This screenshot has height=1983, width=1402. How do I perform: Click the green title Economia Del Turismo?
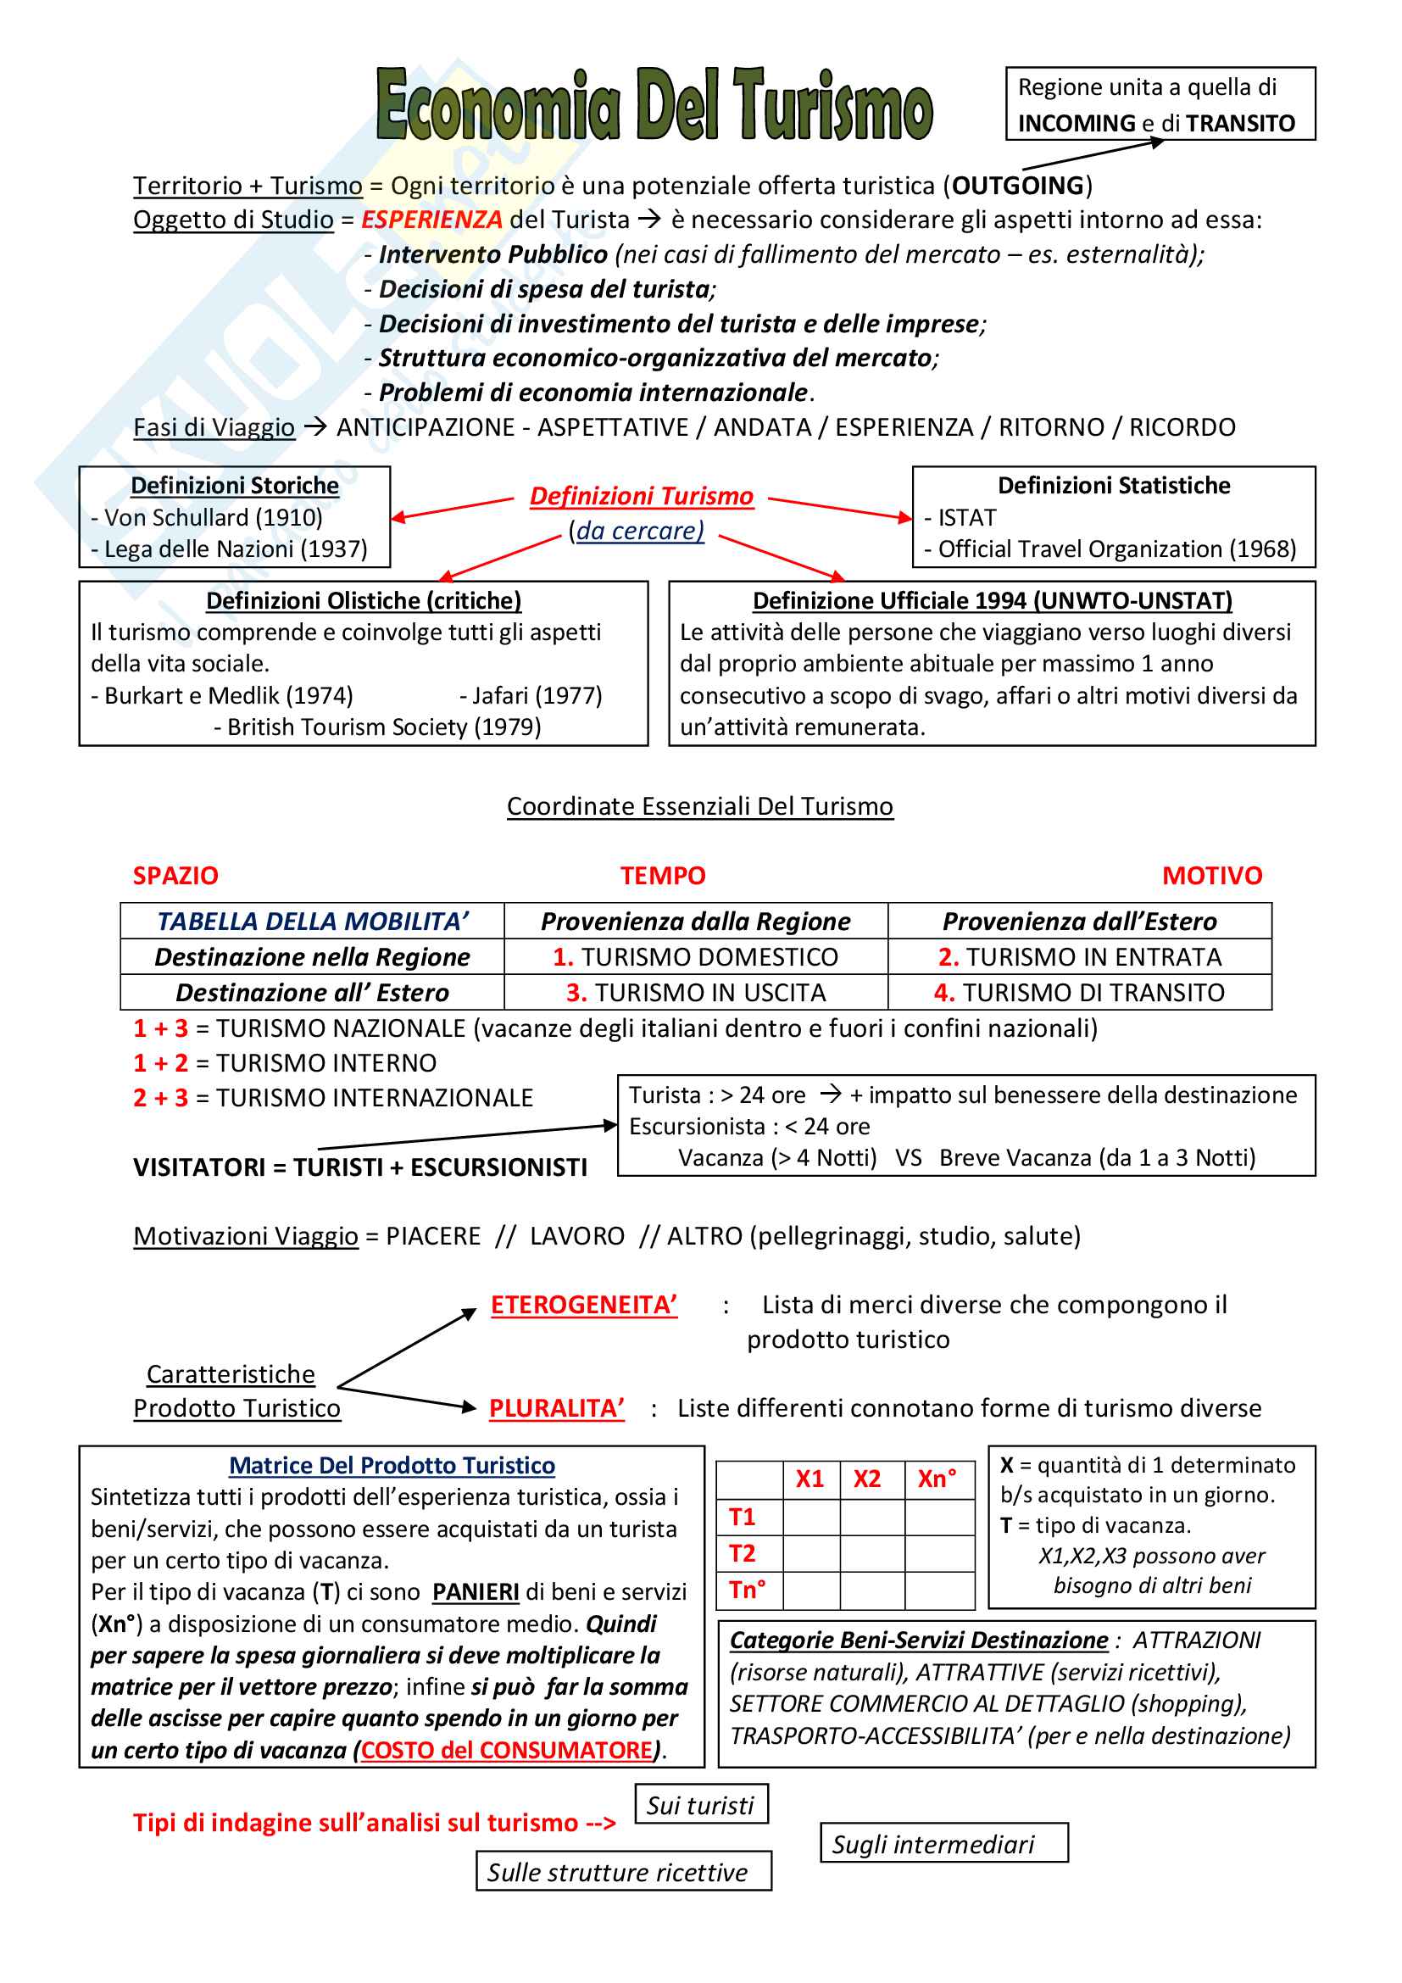tap(654, 105)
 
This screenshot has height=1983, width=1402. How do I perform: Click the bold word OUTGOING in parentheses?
tap(1018, 186)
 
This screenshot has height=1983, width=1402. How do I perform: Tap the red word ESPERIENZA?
tap(431, 220)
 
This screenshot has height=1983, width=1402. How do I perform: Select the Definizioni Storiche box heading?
tap(235, 487)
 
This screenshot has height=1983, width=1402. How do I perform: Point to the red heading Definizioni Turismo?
tap(642, 497)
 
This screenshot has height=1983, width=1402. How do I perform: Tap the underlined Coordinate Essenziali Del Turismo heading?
tap(699, 806)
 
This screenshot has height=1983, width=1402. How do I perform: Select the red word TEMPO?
tap(662, 876)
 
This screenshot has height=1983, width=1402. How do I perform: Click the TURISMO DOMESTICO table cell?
tap(696, 957)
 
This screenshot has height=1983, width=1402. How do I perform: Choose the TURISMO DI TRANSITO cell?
tap(1079, 993)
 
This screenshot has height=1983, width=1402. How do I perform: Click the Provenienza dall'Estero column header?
tap(1079, 922)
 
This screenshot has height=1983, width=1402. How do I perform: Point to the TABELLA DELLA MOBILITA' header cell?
tap(313, 922)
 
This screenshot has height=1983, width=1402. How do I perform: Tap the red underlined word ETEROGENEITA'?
tap(583, 1305)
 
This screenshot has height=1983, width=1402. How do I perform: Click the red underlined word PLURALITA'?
tap(556, 1409)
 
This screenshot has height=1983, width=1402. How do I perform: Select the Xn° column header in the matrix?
tap(937, 1479)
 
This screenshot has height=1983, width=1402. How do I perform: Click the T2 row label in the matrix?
tap(743, 1554)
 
